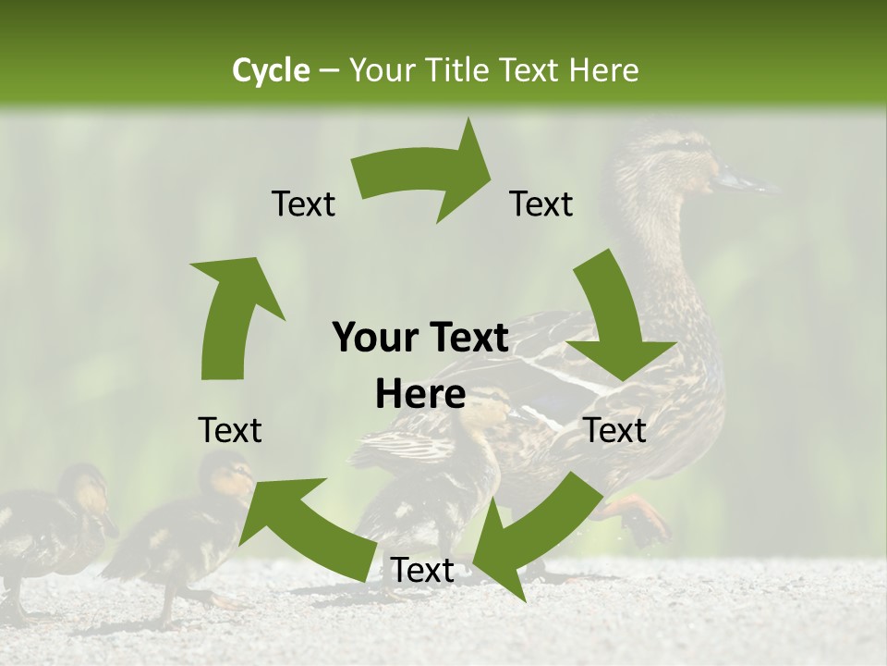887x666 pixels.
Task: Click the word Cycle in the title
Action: (x=270, y=70)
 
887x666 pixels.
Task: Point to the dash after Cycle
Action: (x=328, y=71)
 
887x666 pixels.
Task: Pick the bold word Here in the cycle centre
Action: (x=420, y=395)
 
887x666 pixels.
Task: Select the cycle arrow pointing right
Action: (x=425, y=180)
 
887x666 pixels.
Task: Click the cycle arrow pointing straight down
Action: (x=614, y=319)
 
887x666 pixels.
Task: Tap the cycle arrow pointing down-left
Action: (x=527, y=536)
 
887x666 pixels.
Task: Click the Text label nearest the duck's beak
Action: (x=541, y=204)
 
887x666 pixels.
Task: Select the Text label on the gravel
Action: (x=422, y=571)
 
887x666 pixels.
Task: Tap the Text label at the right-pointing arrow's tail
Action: (x=303, y=204)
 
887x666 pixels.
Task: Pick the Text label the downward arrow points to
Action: (x=615, y=430)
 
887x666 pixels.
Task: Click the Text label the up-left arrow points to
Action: (x=230, y=430)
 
